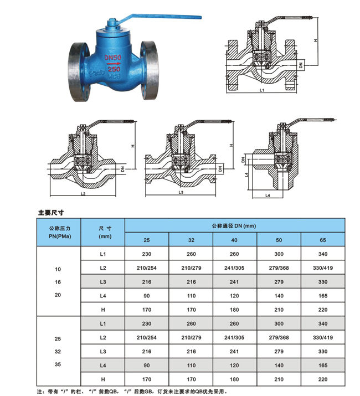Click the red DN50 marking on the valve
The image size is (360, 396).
point(113,58)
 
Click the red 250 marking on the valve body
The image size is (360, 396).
point(114,69)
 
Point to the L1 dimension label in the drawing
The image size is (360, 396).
point(262,90)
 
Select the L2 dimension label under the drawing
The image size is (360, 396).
point(83,194)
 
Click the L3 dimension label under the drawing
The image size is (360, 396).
point(181,192)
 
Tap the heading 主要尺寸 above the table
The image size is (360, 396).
point(51,213)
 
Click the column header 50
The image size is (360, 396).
point(279,240)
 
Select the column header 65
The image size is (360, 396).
point(323,240)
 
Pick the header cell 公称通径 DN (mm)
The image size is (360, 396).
point(234,226)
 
